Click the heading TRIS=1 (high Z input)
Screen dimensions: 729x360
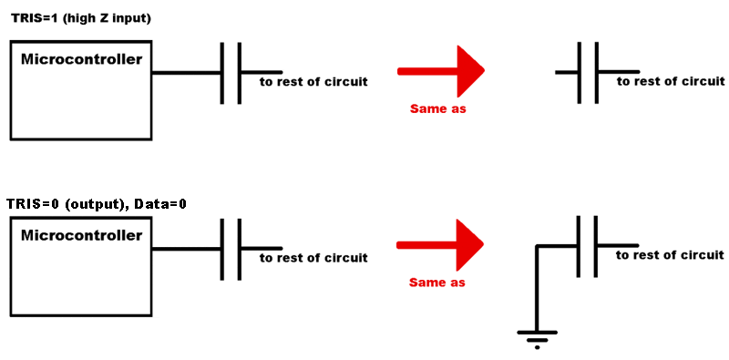pos(81,20)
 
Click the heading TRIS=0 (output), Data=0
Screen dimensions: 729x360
pos(97,205)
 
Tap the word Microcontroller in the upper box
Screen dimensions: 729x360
pos(82,59)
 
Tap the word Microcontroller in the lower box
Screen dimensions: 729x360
pos(81,235)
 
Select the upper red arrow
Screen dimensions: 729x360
pos(441,71)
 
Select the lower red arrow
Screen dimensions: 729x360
pos(440,245)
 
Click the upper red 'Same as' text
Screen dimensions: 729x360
pos(437,109)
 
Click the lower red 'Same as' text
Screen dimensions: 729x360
pos(437,283)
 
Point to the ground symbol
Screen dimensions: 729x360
pos(537,340)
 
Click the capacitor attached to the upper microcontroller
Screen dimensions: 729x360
pos(231,73)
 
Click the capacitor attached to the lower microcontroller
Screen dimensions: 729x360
pos(231,250)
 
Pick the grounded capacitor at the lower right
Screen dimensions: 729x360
pos(588,246)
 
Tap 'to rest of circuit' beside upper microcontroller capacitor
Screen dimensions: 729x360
pos(313,82)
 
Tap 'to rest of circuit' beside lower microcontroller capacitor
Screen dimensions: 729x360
pos(313,258)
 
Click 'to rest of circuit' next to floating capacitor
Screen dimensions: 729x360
pos(671,81)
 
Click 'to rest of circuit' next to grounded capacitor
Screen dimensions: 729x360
pos(670,255)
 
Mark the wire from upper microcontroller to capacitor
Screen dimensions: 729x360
pos(186,73)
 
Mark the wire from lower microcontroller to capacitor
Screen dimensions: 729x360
pos(186,250)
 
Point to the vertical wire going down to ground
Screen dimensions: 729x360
pos(537,288)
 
